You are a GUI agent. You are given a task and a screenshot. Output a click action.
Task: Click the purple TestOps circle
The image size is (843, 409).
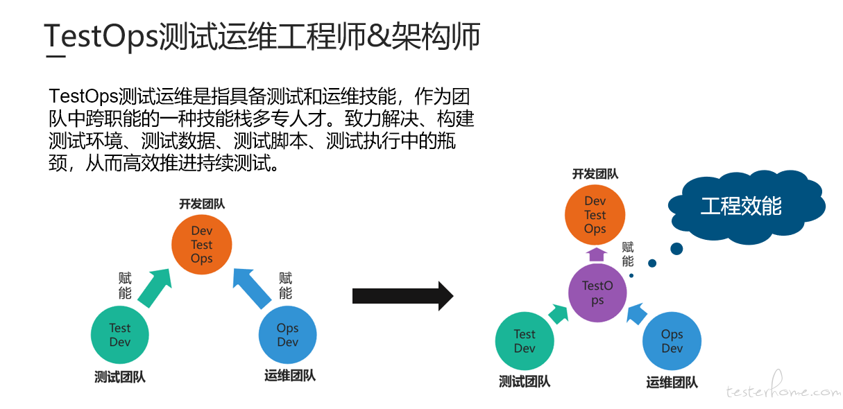click(597, 293)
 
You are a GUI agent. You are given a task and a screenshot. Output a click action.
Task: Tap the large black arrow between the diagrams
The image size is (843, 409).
click(402, 296)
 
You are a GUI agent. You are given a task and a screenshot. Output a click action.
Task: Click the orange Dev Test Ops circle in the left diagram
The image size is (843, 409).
click(202, 244)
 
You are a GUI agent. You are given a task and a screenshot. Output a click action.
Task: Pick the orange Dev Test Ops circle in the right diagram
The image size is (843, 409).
click(595, 215)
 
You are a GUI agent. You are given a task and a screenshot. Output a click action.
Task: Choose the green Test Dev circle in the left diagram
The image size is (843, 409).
click(119, 335)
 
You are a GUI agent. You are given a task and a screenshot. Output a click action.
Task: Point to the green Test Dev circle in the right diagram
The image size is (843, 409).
click(525, 341)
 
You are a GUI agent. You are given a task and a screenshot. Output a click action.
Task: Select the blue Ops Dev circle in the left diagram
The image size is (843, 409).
click(287, 335)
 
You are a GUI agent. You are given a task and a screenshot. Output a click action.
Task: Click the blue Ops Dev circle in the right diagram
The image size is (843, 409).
click(672, 341)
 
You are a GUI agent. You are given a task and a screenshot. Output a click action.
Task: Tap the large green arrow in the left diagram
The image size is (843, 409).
click(154, 288)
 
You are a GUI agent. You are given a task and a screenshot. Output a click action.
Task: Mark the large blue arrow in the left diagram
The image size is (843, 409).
click(251, 288)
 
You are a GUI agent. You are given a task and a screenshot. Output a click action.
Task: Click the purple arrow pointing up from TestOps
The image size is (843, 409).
click(597, 254)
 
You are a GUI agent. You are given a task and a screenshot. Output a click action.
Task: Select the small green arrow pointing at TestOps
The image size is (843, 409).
click(558, 314)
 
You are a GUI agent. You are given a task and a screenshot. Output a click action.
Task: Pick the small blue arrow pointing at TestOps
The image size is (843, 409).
click(637, 314)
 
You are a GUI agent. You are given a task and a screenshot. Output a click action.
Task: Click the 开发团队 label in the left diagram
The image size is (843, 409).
click(202, 204)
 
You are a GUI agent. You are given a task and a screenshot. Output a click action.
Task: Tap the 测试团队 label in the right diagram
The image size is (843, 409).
click(525, 381)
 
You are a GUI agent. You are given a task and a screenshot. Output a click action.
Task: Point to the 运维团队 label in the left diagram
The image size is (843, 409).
click(290, 376)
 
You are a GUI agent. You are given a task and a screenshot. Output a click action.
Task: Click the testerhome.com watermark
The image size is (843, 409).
click(783, 388)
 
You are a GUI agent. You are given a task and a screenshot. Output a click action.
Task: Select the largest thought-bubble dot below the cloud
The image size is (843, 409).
click(676, 248)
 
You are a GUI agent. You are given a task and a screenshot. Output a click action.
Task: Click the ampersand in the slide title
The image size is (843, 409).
click(378, 36)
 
